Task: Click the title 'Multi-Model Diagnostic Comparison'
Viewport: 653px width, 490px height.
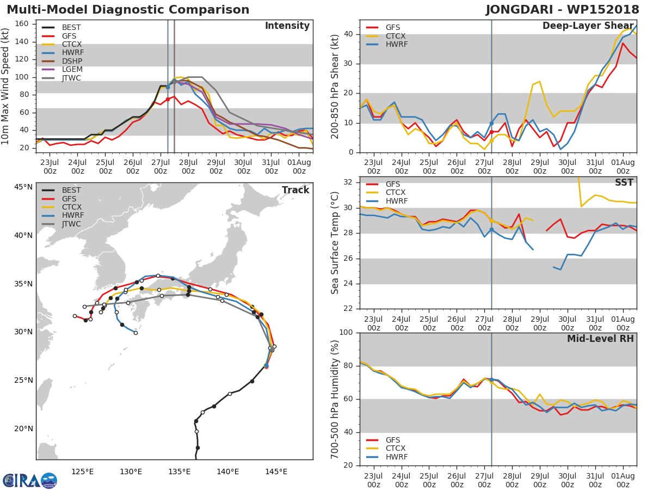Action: pos(128,10)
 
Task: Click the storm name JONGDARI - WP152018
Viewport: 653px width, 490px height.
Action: pos(563,10)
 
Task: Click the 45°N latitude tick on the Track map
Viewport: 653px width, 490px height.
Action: pos(23,187)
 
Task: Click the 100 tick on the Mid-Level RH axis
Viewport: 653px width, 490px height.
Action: pos(345,333)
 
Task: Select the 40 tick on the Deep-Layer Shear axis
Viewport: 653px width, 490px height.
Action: pos(348,34)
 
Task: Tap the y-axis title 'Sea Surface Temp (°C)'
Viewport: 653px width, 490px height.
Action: pos(335,243)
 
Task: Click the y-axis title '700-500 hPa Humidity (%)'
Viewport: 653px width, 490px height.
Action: pos(335,399)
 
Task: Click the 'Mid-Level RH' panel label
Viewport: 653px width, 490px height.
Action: pos(600,339)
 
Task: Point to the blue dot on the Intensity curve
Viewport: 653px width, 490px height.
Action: pos(168,87)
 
